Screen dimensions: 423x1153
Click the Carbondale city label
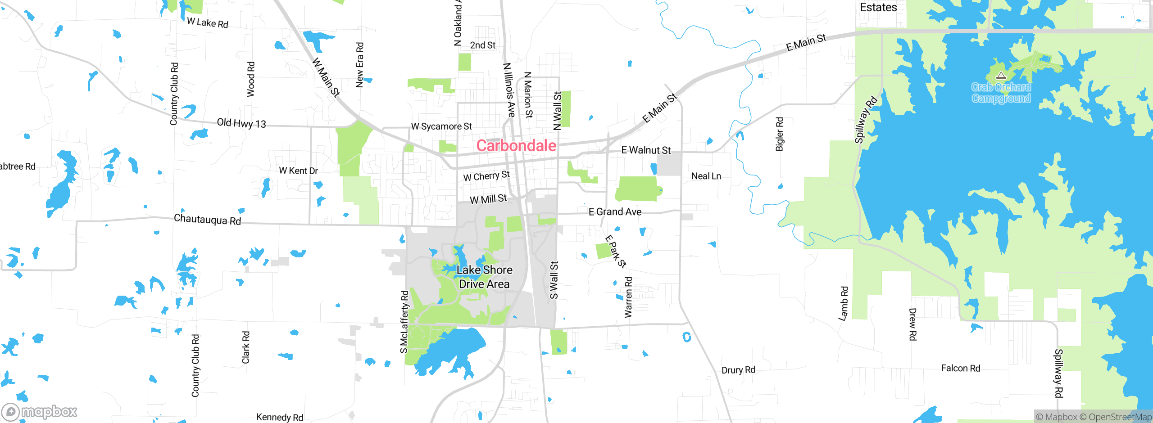516,145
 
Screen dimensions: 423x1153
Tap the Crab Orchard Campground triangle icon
1001,75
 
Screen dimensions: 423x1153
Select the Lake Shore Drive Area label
484,277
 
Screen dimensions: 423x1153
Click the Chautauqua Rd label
207,220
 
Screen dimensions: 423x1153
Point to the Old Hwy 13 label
241,123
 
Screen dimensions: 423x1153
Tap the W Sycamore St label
441,126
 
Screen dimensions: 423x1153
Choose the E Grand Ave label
615,211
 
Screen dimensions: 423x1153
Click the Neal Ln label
706,176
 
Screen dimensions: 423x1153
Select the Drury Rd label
738,370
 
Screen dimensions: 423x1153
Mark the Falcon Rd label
960,368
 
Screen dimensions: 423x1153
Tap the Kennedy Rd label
279,417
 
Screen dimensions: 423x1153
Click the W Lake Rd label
208,22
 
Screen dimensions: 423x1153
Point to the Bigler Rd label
780,134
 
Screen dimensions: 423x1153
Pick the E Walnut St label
646,150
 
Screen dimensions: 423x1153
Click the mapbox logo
40,411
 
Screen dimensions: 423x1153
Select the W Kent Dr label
298,171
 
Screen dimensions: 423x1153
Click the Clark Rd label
245,347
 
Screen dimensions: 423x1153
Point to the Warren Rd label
628,297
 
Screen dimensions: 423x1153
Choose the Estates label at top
878,7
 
